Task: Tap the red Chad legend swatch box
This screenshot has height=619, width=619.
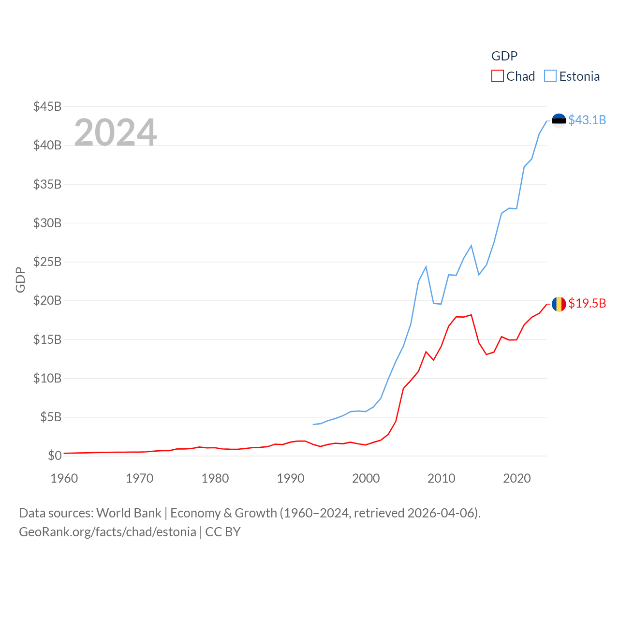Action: pos(497,76)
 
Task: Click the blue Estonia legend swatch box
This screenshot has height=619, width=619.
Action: pos(550,76)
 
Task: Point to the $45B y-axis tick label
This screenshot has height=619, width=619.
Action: pos(47,106)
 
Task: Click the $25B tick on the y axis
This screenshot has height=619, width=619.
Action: pos(47,262)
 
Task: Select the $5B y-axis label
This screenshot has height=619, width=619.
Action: pos(51,417)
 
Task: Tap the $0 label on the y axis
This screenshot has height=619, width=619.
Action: pos(55,456)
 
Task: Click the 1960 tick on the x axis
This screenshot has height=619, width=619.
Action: pos(64,478)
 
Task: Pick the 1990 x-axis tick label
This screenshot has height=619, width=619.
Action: pos(291,478)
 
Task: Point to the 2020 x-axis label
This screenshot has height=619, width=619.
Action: pos(517,478)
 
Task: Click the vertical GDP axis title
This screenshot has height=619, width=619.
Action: pos(20,280)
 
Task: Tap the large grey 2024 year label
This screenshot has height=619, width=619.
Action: pos(116,133)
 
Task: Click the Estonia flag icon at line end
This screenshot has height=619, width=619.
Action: pos(559,120)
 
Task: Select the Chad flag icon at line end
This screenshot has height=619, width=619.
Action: pos(559,304)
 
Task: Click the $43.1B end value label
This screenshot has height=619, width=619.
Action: pos(587,120)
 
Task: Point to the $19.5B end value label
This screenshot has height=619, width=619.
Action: pos(587,303)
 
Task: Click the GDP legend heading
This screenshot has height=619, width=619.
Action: pos(504,56)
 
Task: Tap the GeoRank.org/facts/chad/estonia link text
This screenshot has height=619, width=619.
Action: pos(107,532)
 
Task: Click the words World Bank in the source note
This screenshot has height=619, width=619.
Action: pos(129,513)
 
